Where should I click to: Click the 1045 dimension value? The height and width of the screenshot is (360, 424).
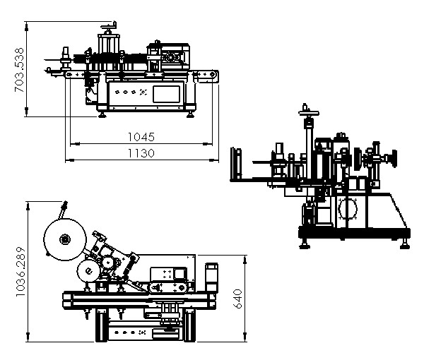(141, 136)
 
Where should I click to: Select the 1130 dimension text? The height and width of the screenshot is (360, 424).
(141, 153)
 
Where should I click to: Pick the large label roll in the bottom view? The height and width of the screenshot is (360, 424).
(64, 239)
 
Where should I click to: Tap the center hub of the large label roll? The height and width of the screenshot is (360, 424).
(64, 239)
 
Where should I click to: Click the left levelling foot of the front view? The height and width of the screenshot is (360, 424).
(103, 113)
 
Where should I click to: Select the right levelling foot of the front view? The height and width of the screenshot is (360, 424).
(191, 113)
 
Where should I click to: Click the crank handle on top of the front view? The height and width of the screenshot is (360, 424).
(108, 28)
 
